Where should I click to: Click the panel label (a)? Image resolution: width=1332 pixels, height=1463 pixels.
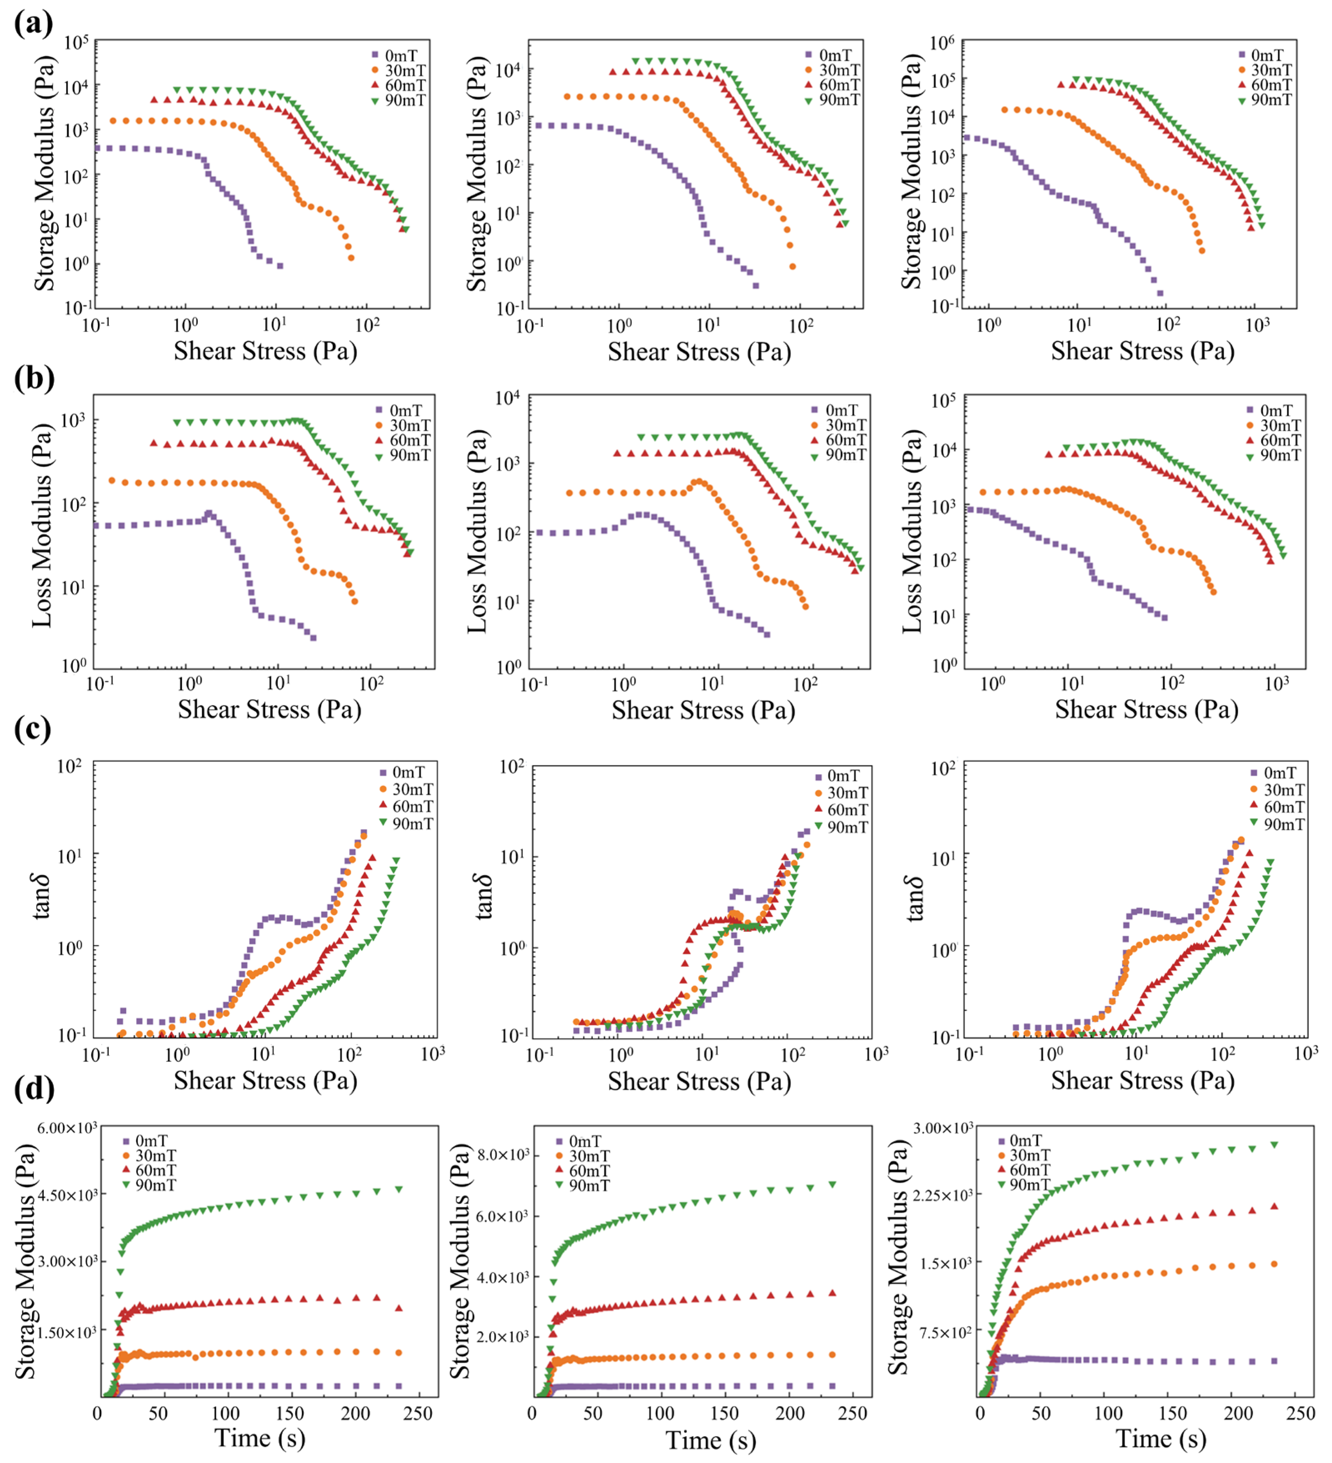[x=33, y=24]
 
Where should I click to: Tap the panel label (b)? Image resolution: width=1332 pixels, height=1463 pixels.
[x=33, y=378]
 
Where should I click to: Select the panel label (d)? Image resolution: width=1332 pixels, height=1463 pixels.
[x=33, y=1089]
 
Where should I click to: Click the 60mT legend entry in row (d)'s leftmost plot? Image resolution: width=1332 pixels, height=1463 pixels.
[x=150, y=1170]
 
